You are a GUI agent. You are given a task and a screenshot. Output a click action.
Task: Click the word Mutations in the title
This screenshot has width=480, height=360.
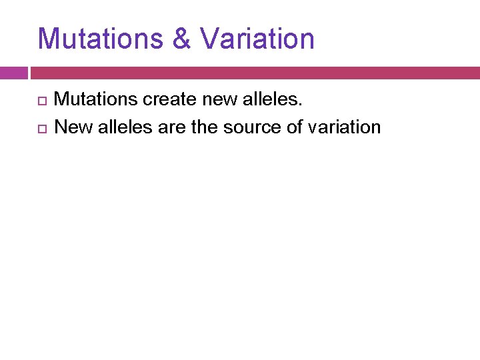click(x=101, y=39)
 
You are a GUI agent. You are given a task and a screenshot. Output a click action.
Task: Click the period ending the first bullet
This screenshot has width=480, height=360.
click(x=301, y=104)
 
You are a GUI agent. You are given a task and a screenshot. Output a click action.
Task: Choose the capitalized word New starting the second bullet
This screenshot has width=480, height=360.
click(x=73, y=127)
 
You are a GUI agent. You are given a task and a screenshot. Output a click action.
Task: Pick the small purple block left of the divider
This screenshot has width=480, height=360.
click(x=13, y=73)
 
